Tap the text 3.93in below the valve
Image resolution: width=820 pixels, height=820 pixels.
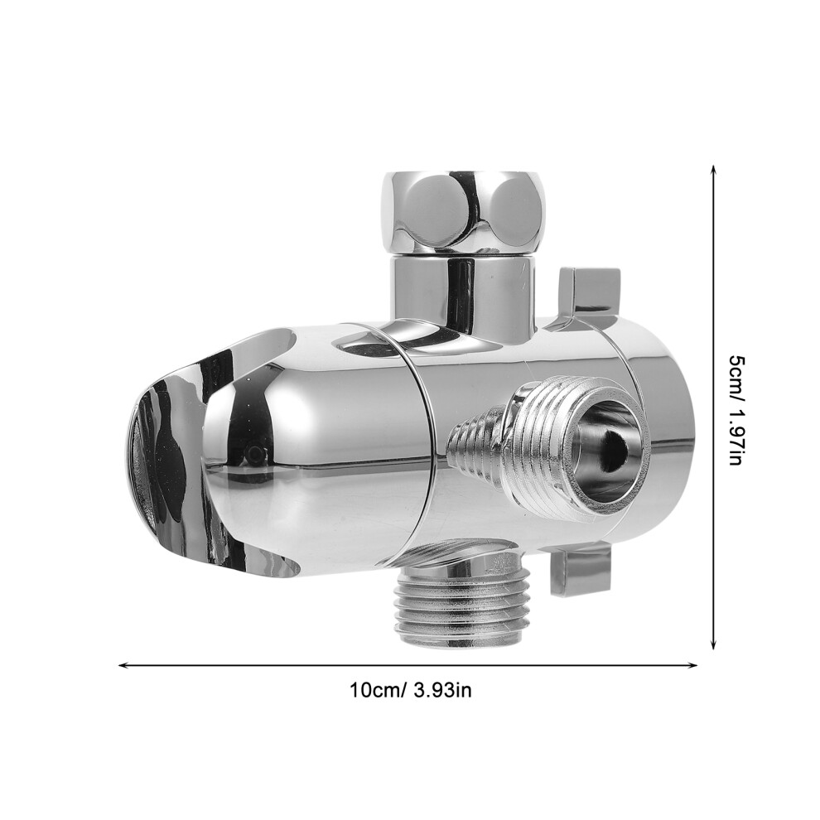pyautogui.click(x=442, y=689)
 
